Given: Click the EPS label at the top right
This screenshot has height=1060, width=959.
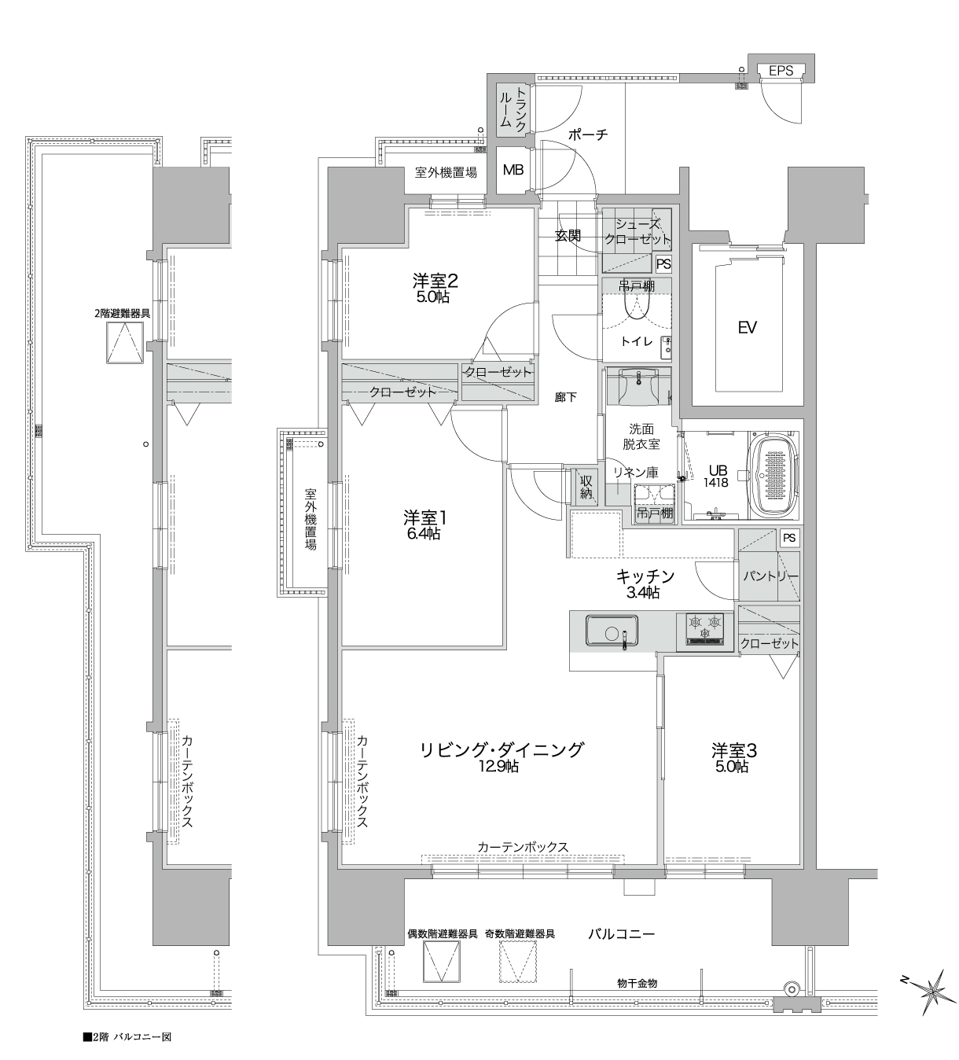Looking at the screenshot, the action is tap(781, 70).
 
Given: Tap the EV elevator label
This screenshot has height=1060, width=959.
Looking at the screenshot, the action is tap(747, 328).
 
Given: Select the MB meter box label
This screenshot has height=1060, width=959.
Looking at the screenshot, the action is tap(513, 170).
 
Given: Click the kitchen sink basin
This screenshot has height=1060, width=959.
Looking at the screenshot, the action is tap(612, 631).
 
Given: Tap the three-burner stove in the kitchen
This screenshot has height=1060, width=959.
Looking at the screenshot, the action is tap(704, 628).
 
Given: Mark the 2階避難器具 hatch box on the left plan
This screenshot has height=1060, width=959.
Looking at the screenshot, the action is tap(125, 342).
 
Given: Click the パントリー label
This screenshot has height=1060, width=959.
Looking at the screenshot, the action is tap(770, 576).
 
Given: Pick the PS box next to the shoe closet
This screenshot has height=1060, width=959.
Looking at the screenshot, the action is tap(663, 263).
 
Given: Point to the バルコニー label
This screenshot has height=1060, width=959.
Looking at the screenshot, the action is tap(621, 933).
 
